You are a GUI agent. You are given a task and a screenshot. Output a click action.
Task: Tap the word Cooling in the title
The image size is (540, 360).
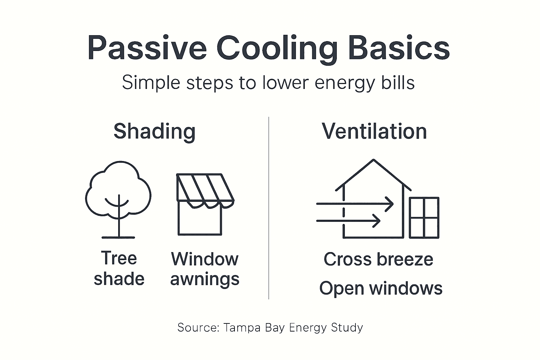point(277,48)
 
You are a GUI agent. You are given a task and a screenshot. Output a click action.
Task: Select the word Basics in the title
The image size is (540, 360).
point(399,48)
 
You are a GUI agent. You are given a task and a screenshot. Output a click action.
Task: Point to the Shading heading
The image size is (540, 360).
point(154,131)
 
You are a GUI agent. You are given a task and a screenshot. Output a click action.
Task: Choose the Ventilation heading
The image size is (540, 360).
point(374,131)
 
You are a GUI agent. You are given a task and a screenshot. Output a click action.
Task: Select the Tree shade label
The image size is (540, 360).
point(119,268)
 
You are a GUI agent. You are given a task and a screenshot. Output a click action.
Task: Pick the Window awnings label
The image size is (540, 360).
point(205,269)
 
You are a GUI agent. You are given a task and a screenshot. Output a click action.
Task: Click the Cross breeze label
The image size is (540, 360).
point(378,259)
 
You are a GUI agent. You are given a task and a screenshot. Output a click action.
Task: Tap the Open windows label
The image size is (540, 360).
point(381,288)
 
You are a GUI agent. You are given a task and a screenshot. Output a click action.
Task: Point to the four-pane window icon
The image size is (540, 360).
point(424,218)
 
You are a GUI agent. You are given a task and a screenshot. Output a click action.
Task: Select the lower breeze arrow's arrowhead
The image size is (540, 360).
point(378,221)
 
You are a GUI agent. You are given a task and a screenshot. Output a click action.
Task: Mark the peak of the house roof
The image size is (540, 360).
point(373,160)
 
